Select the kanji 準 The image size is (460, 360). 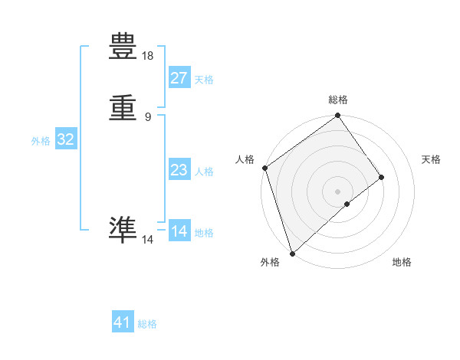click(123, 229)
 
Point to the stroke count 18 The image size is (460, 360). click(148, 56)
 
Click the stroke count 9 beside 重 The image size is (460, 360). click(148, 116)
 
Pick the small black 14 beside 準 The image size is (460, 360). click(148, 240)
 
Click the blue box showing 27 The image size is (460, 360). click(179, 78)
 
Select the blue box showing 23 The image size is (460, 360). click(179, 170)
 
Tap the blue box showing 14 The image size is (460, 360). click(179, 231)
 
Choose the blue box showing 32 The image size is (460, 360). click(66, 139)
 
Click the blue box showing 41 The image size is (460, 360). click(123, 322)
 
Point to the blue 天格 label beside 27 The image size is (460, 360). click(204, 80)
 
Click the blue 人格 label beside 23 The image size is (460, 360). click(204, 172)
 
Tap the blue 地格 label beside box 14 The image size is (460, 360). click(204, 233)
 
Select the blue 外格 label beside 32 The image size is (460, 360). click(41, 141)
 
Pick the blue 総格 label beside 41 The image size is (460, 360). click(147, 324)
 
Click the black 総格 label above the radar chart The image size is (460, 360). click(338, 100)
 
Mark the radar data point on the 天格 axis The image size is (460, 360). click(382, 177)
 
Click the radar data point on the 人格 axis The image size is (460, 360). click(264, 168)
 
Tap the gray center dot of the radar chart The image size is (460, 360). click(338, 191)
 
